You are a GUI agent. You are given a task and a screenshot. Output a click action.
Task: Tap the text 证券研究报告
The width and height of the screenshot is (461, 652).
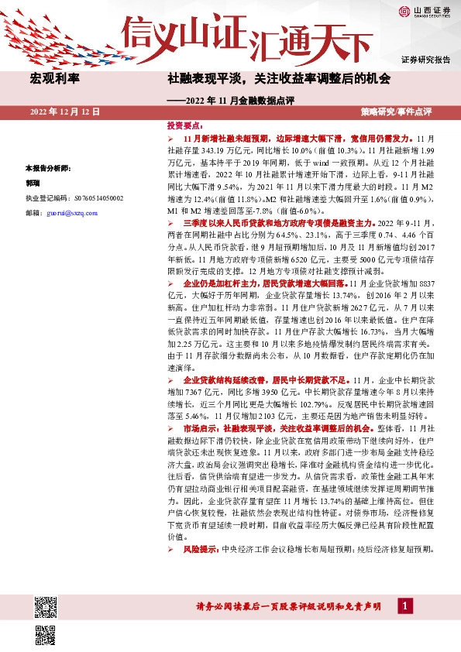click(x=425, y=60)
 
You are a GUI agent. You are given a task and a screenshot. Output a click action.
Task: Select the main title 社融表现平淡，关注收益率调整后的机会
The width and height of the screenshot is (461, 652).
click(x=279, y=79)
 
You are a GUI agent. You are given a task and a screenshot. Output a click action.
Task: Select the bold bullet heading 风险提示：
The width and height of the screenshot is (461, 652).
click(x=202, y=548)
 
